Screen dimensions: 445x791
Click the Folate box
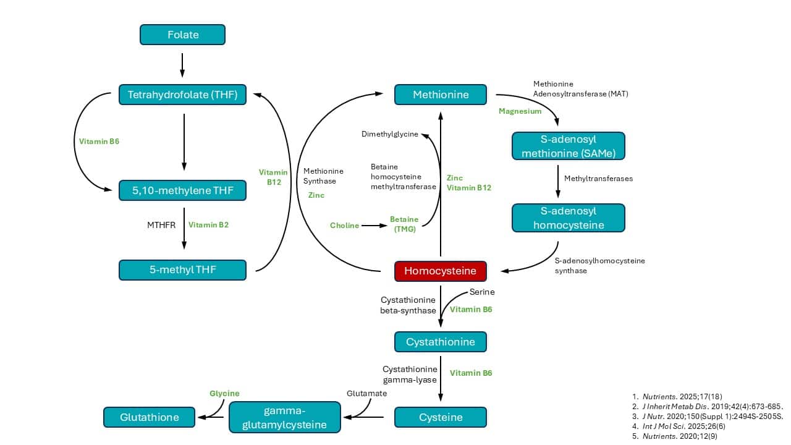182,35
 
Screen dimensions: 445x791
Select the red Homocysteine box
440,271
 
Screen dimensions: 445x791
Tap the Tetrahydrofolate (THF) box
182,95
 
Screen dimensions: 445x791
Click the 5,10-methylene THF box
182,190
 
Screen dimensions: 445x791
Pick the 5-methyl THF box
182,269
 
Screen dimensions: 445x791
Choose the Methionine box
440,95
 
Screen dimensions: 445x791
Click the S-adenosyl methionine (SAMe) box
569,146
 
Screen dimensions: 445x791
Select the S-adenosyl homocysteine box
569,218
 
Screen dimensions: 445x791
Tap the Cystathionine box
440,342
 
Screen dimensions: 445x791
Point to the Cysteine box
440,417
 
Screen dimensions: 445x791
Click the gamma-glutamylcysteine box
284,417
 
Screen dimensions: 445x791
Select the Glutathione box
149,417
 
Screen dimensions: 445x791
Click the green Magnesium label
520,111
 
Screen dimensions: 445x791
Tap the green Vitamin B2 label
208,225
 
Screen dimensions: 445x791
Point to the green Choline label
344,226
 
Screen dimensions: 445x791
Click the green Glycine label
224,393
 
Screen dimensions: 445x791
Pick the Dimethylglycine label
390,134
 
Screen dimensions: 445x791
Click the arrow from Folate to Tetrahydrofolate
182,64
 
